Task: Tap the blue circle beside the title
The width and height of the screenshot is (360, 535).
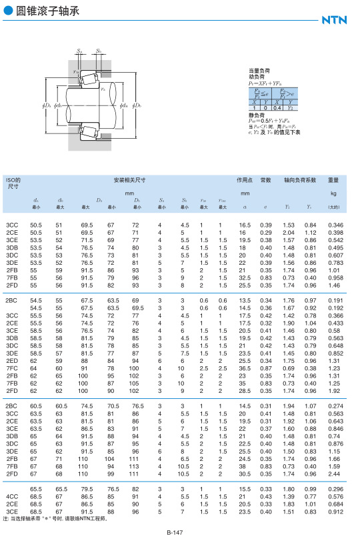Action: pos(8,11)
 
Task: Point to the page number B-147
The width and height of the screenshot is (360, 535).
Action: pos(175,531)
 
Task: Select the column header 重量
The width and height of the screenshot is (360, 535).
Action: pos(333,180)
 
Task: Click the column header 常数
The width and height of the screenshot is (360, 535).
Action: pos(266,180)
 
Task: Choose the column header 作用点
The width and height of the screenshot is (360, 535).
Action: pos(244,180)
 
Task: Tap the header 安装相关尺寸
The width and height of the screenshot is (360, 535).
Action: pos(129,180)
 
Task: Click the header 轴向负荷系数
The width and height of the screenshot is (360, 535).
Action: pos(299,180)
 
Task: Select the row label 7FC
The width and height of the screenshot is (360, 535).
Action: pos(11,368)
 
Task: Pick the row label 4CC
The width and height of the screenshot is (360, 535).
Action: pos(11,496)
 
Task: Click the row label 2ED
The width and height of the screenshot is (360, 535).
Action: pos(11,361)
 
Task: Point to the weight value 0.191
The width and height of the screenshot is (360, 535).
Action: pos(335,300)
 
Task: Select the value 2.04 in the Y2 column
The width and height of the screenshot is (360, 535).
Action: pos(288,231)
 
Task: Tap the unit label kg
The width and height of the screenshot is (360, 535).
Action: pos(333,193)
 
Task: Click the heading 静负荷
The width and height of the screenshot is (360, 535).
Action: pos(256,114)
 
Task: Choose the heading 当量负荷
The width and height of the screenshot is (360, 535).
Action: pos(259,70)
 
